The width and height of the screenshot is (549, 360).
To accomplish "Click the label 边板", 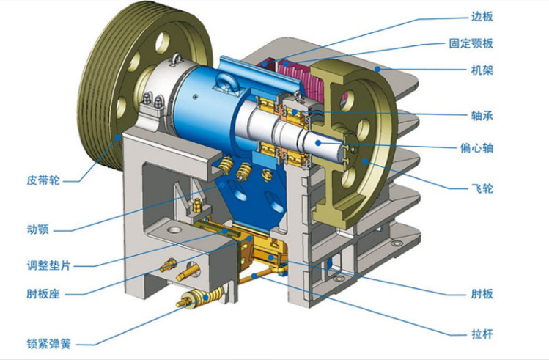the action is click(x=482, y=16).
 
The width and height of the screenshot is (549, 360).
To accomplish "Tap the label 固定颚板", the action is click(x=471, y=43).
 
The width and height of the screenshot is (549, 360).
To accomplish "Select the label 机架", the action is click(x=482, y=70).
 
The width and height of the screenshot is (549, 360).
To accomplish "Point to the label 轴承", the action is click(x=482, y=116).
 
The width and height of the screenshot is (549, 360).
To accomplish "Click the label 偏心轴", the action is click(x=476, y=148).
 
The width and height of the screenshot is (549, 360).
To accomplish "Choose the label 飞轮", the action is click(x=482, y=188).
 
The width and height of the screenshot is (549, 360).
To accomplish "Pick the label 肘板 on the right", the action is click(x=482, y=293).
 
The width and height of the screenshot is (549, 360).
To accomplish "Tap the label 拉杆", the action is click(x=482, y=334).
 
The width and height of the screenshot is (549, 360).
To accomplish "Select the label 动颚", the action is click(x=38, y=229).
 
